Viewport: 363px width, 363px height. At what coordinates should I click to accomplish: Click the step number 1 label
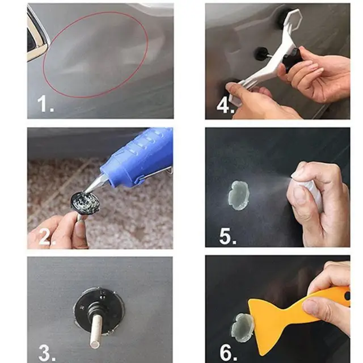click(x=44, y=105)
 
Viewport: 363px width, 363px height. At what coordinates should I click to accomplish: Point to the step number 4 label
click(x=224, y=105)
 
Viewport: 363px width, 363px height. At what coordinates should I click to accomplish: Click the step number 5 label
click(x=226, y=235)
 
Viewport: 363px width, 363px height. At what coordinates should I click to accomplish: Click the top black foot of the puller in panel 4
click(x=284, y=17)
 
